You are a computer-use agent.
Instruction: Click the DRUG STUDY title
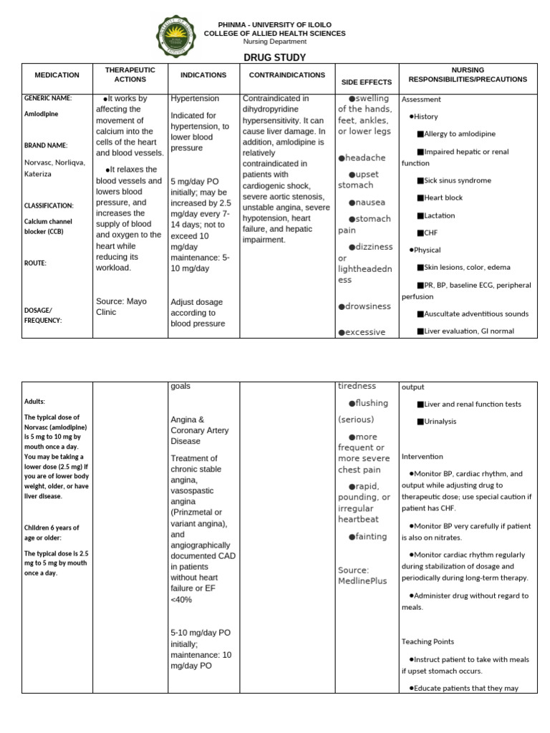[x=275, y=57]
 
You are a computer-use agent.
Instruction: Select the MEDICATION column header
[x=57, y=74]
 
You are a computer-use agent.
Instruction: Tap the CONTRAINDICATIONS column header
[x=286, y=74]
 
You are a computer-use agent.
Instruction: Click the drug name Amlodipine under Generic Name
[x=42, y=114]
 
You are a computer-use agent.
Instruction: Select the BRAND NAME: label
[x=45, y=145]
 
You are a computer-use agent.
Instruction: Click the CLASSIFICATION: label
[x=49, y=205]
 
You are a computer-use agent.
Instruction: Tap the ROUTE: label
[x=35, y=263]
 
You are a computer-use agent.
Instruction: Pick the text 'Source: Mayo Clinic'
[x=121, y=306]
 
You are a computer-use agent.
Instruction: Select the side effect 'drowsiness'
[x=368, y=306]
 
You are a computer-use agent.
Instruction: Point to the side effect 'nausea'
[x=370, y=202]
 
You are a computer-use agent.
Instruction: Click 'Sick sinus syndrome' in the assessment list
[x=457, y=180]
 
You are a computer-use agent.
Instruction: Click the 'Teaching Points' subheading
[x=428, y=641]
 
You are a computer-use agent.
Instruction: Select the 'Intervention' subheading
[x=423, y=456]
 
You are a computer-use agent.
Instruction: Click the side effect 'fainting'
[x=371, y=536]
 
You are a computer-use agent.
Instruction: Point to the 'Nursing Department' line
[x=275, y=42]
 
